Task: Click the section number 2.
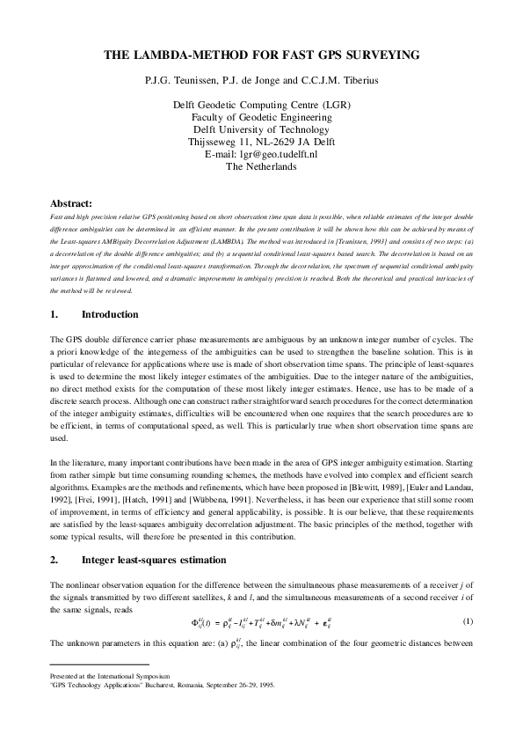tap(54, 559)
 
